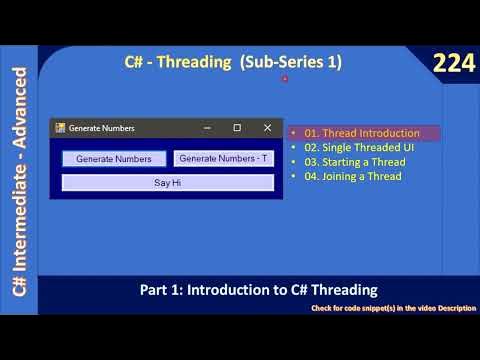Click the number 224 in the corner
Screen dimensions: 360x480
(x=452, y=64)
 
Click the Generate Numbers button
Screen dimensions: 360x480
(x=114, y=159)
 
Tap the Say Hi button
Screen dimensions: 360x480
(x=167, y=183)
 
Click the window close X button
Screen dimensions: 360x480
(x=267, y=128)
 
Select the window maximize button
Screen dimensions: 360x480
(x=237, y=128)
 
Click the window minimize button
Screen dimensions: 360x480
(x=207, y=128)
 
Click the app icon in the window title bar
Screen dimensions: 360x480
(x=60, y=128)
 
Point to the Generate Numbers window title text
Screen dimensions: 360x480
(x=101, y=128)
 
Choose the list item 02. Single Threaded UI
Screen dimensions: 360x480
(x=358, y=147)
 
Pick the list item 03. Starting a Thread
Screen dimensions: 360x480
(x=355, y=162)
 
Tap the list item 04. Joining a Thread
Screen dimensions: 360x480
(x=353, y=176)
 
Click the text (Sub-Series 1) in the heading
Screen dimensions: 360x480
(x=291, y=62)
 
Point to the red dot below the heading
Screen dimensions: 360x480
(x=285, y=79)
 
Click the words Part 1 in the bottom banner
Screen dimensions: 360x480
(x=159, y=290)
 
